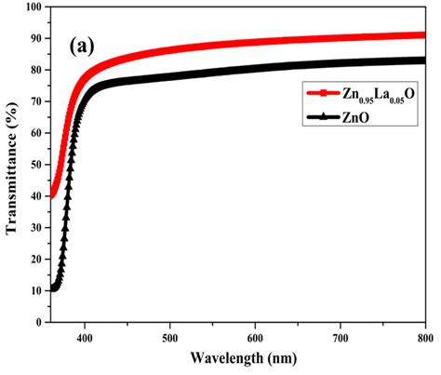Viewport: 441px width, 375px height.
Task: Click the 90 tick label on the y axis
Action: click(x=34, y=39)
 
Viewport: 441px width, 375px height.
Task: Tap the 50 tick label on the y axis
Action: click(x=34, y=165)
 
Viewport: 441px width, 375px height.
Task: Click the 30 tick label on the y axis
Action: click(x=34, y=227)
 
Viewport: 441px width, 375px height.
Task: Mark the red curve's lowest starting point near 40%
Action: click(x=52, y=196)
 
